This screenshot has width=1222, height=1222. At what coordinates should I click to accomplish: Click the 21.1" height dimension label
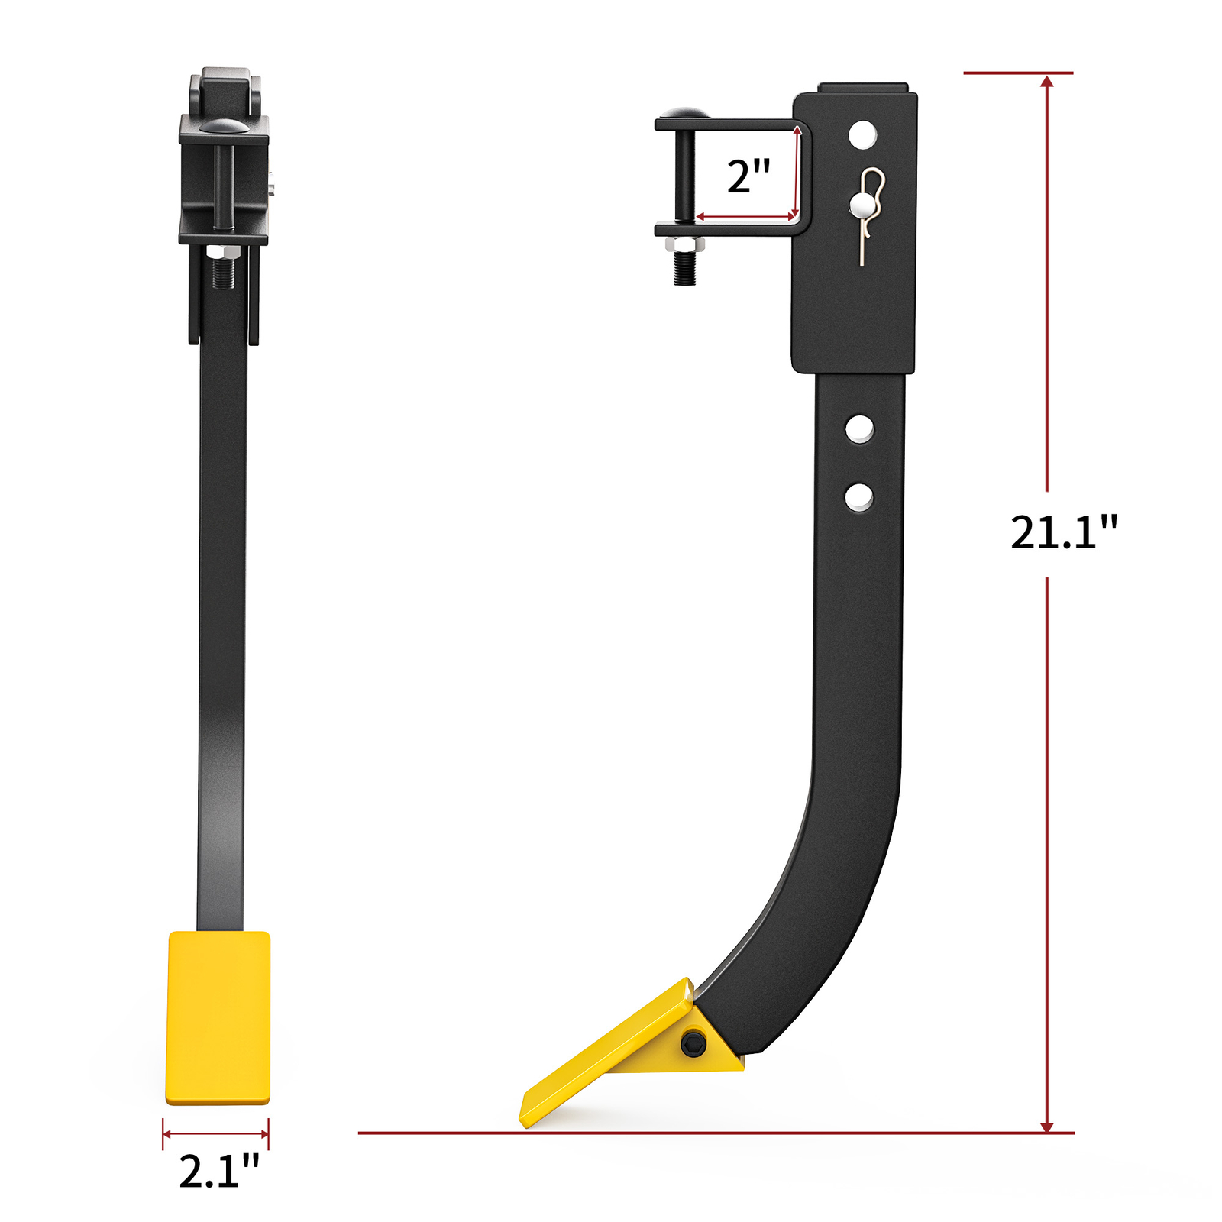pos(1064,532)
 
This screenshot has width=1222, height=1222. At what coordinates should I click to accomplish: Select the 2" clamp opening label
pos(748,176)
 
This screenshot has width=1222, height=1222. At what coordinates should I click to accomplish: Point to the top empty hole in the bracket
pos(862,135)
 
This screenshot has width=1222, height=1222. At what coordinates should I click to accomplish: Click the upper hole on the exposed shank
pos(860,428)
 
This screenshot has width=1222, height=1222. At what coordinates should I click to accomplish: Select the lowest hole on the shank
pos(859,497)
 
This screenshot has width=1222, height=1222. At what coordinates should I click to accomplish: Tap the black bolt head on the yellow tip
pos(693,1042)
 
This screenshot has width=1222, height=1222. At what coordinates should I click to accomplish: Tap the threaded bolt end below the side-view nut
pos(685,270)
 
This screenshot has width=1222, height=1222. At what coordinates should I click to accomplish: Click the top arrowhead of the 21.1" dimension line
pos(1047,80)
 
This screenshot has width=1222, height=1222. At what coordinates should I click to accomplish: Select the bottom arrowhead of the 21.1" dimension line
pos(1047,1126)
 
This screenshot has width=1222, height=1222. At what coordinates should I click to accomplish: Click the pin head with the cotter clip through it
pos(861,205)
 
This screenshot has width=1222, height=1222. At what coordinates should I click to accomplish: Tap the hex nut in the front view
pos(223,252)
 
